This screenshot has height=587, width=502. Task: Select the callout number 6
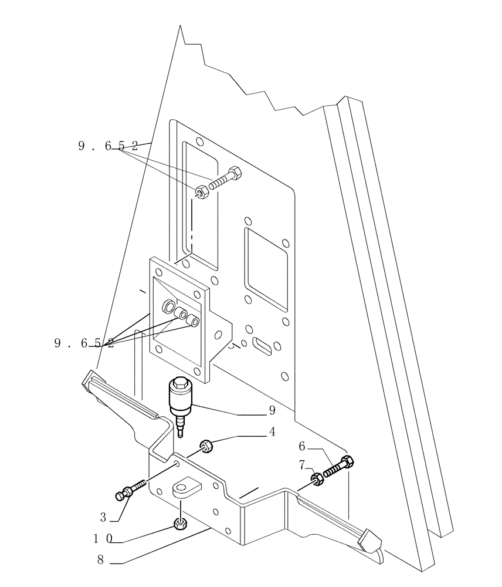[302, 446]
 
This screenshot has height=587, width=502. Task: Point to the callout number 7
[301, 465]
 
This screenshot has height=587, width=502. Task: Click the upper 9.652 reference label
[108, 147]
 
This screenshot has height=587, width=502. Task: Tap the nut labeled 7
[317, 480]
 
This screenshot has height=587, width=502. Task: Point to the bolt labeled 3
[131, 491]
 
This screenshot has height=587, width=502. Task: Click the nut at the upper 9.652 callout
[201, 192]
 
